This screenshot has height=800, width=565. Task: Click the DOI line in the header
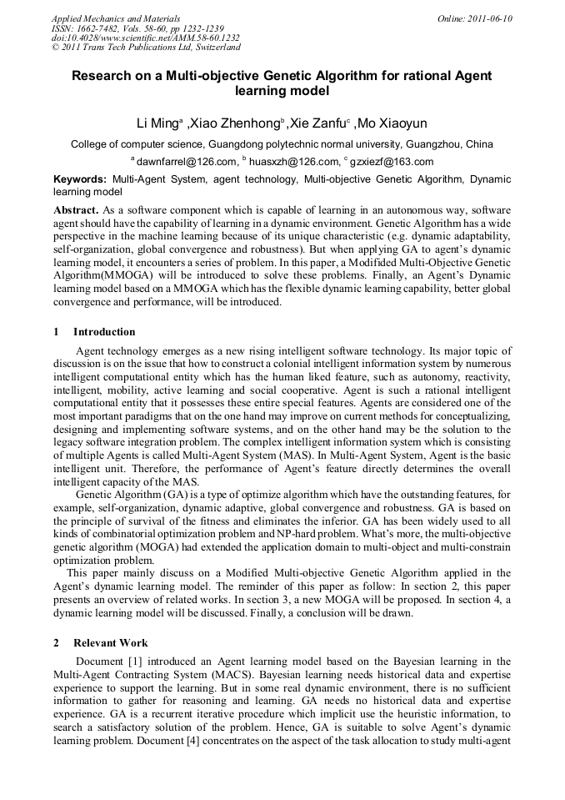click(x=145, y=38)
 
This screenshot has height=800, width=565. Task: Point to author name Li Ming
click(x=157, y=123)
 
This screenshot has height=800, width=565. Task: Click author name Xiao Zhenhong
click(x=236, y=123)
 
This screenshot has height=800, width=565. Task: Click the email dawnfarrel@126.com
click(x=184, y=162)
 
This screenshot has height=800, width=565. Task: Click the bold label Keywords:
click(x=80, y=179)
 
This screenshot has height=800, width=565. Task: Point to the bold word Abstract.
click(x=77, y=209)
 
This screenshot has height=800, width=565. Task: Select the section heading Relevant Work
click(x=111, y=643)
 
